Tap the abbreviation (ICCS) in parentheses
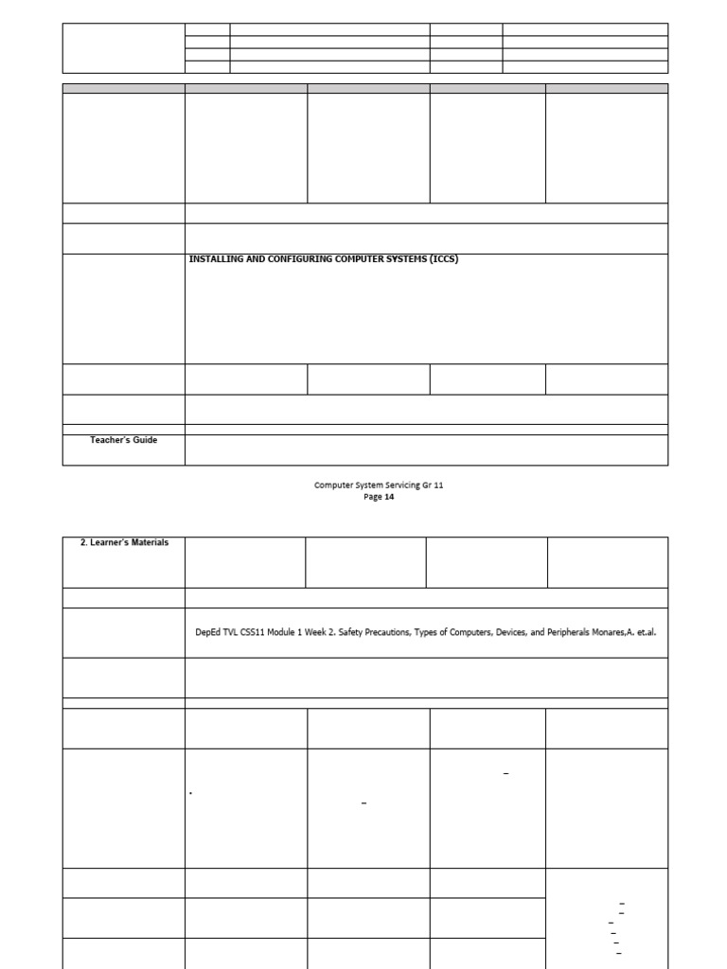tap(440, 259)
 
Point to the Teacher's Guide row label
tap(123, 440)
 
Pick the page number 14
tap(389, 497)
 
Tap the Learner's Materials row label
tap(124, 542)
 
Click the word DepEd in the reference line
tap(204, 632)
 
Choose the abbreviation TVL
tap(232, 632)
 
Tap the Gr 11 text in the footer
tap(432, 485)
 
